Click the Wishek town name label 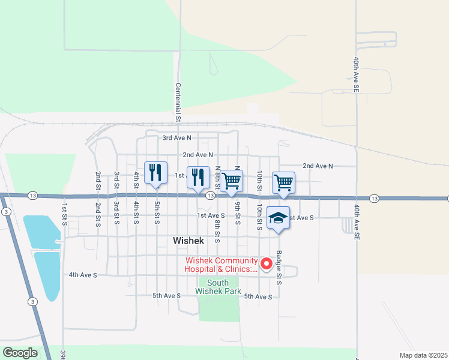(188, 241)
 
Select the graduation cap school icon (279, 217)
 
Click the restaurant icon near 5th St (155, 173)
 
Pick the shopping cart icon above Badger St (283, 182)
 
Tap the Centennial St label (178, 103)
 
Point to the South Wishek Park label (218, 287)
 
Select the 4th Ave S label (83, 275)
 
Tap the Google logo (20, 353)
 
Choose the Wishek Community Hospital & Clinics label (221, 265)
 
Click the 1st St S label (64, 214)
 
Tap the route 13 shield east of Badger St (374, 198)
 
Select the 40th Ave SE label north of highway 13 (356, 74)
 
